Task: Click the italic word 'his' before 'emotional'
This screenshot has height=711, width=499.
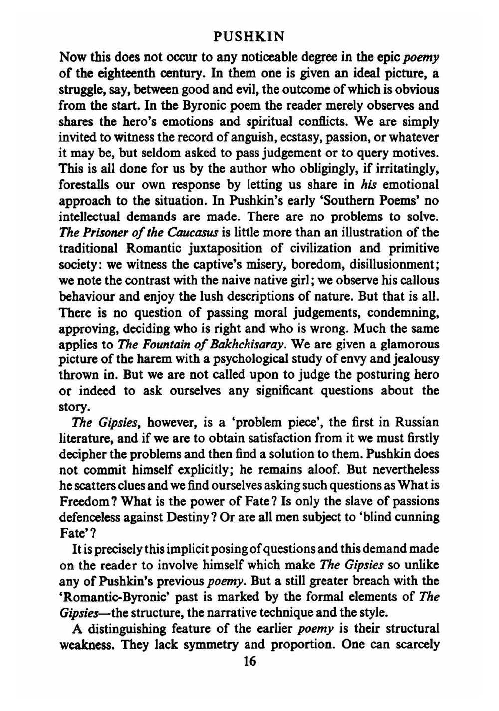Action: [366, 185]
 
